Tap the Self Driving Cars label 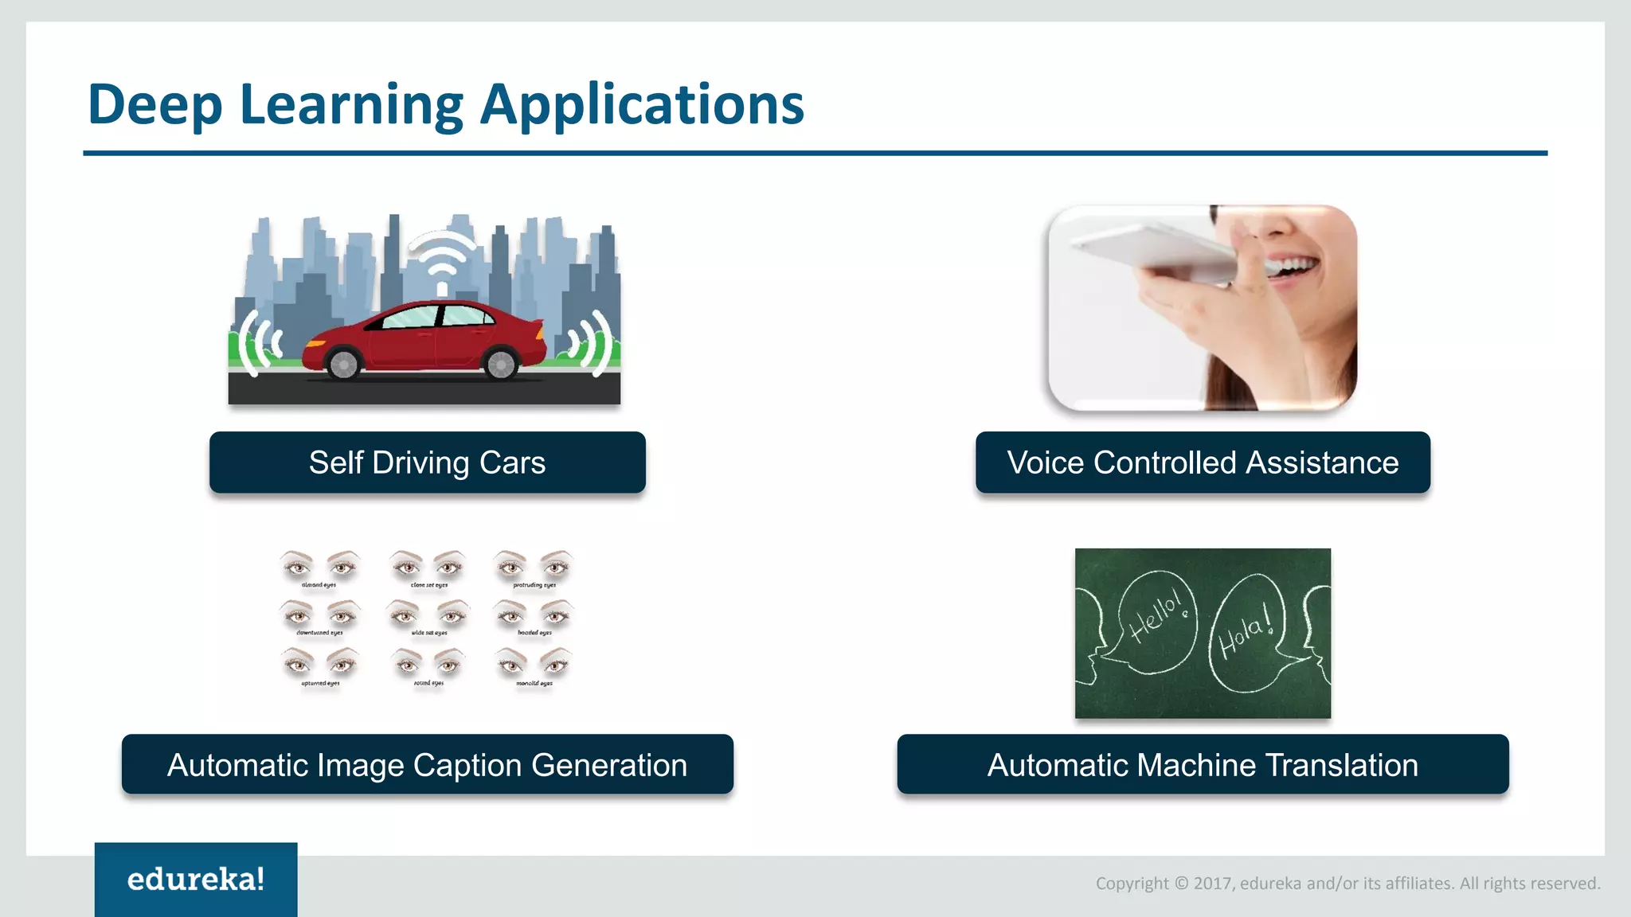(x=427, y=462)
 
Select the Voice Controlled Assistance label (x=1203, y=462)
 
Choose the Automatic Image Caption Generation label (x=427, y=765)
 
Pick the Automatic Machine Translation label (x=1203, y=765)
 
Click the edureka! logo (x=196, y=880)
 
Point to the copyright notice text (x=1347, y=884)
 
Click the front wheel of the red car (x=344, y=365)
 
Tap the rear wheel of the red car (x=502, y=365)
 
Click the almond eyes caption (x=319, y=585)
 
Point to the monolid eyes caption (x=534, y=683)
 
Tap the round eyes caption (x=428, y=683)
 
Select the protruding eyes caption (x=534, y=585)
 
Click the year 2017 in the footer (x=1213, y=884)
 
